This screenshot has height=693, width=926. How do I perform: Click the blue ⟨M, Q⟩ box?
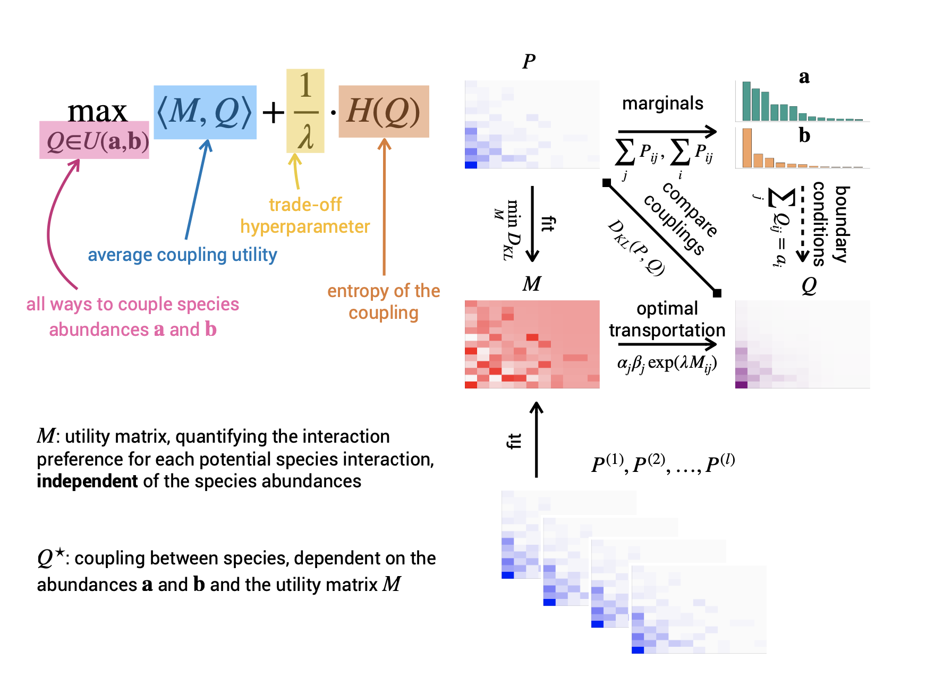(205, 112)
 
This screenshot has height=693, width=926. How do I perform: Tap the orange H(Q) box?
(384, 112)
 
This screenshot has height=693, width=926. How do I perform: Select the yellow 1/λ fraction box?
(305, 111)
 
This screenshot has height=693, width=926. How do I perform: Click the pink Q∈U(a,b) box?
(94, 140)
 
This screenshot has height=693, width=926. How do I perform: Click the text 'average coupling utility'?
(182, 255)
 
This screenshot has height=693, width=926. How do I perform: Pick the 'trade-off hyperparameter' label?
(305, 216)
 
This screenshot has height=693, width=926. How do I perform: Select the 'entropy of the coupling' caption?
(384, 301)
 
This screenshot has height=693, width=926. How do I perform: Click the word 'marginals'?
(662, 103)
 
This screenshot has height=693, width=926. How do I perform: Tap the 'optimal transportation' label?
(667, 319)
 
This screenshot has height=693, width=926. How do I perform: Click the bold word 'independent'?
(88, 481)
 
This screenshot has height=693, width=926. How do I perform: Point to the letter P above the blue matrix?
(529, 62)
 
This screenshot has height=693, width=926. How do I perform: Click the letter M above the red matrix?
(532, 284)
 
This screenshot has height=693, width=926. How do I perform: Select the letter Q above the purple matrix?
(809, 286)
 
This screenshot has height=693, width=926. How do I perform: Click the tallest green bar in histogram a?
(746, 101)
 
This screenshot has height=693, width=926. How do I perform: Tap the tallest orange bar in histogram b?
(747, 148)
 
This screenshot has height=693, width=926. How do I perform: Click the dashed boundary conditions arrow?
(802, 223)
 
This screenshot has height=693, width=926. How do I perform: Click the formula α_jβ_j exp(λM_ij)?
(667, 364)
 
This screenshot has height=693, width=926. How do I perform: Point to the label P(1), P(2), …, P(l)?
(663, 463)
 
